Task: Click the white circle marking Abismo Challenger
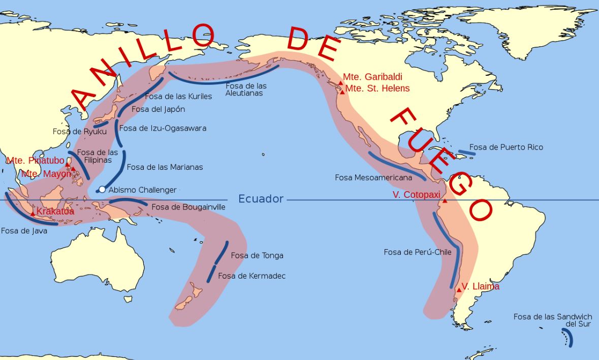click(x=102, y=190)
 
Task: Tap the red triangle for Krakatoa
click(x=33, y=214)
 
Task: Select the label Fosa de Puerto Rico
click(x=506, y=147)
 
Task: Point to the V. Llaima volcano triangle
click(x=459, y=290)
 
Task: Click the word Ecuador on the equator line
click(x=261, y=199)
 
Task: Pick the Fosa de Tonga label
click(x=257, y=255)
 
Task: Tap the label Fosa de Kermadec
click(x=251, y=276)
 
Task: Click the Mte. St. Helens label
click(x=377, y=88)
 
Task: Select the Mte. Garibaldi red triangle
click(x=341, y=83)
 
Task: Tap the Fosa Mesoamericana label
click(x=373, y=177)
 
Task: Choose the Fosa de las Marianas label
click(x=165, y=167)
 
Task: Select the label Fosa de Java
click(x=24, y=230)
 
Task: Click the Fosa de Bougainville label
click(x=188, y=207)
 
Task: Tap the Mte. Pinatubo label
click(x=36, y=161)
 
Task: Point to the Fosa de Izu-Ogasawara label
click(x=163, y=128)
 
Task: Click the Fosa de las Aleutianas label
click(x=246, y=89)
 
